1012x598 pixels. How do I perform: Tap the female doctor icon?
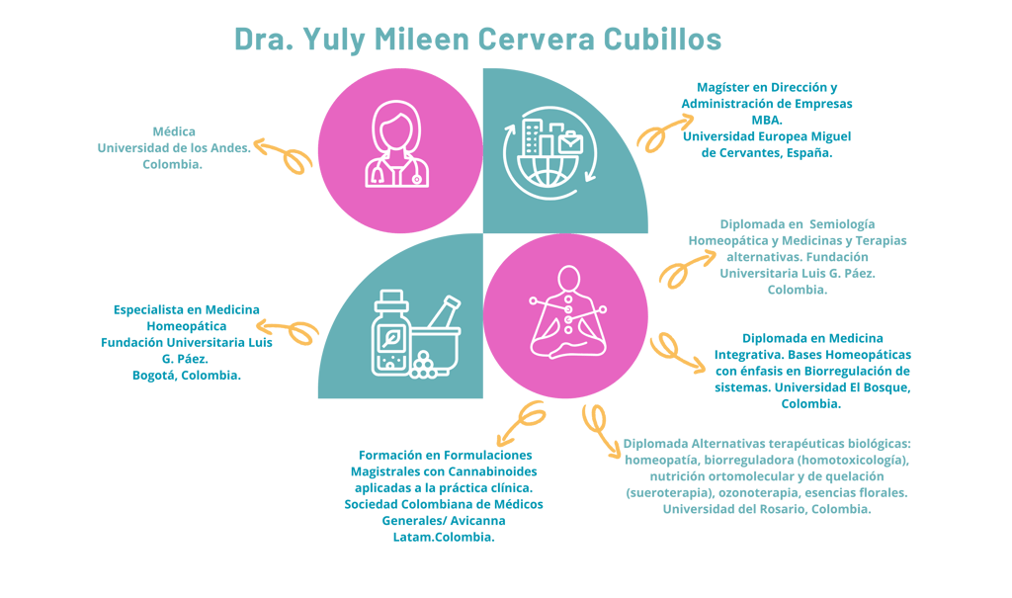tap(397, 144)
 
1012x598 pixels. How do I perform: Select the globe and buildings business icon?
tap(549, 152)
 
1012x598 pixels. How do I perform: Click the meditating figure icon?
tap(568, 312)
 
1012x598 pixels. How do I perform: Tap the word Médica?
tap(174, 131)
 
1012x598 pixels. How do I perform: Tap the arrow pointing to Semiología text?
tap(686, 267)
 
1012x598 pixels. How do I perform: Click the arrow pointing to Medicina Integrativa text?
tap(675, 353)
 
